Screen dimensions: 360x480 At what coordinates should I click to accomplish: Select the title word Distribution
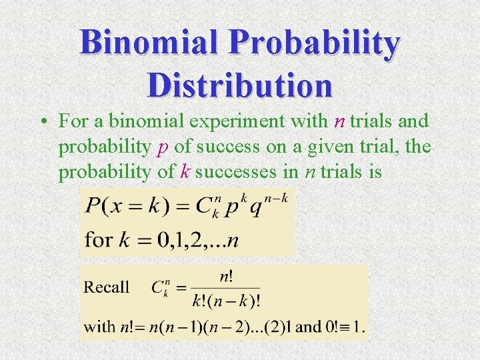240,85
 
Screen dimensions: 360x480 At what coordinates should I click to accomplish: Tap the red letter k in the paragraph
185,172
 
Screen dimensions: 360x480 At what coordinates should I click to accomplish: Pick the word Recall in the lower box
106,287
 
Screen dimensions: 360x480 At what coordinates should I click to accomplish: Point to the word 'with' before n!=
99,327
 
